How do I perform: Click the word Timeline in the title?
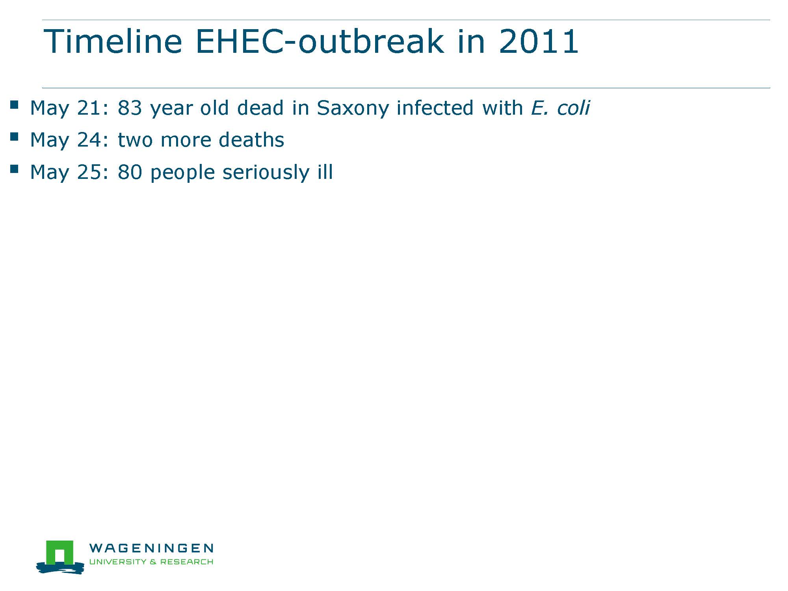tap(113, 41)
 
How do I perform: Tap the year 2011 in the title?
tap(539, 41)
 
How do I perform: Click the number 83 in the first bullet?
tap(130, 108)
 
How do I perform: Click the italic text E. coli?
tap(560, 108)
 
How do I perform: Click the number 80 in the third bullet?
tap(130, 173)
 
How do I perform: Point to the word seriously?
tap(266, 173)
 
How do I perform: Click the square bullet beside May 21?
tap(15, 104)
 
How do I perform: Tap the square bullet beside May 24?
tap(15, 137)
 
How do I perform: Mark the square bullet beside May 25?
tap(15, 169)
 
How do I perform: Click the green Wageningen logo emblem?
tap(60, 557)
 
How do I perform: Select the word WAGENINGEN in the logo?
tap(151, 548)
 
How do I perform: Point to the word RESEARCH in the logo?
tap(187, 561)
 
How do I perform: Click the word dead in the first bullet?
tap(260, 108)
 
